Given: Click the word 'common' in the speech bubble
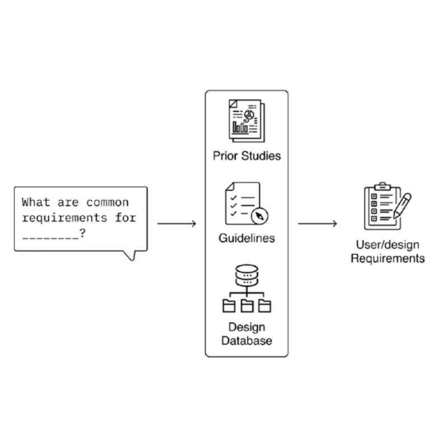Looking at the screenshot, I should click(107, 202).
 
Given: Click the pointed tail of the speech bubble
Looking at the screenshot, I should click(131, 256).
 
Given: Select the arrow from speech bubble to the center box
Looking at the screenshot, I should click(176, 224).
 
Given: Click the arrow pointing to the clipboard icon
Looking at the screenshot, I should click(317, 224).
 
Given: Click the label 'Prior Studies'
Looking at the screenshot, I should click(246, 155).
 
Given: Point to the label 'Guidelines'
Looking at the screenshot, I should click(246, 238).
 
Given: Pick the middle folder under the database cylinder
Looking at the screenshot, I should click(246, 305).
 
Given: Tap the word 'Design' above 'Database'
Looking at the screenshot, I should click(246, 328).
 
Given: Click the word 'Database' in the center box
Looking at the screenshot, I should click(246, 340).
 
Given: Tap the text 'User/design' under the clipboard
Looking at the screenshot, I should click(388, 245).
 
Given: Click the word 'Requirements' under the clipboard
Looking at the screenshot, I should click(388, 258).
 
